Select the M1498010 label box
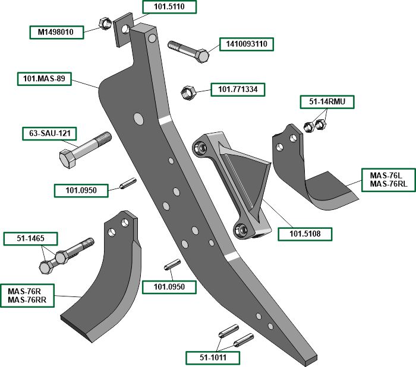click(x=56, y=32)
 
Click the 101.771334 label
click(x=238, y=90)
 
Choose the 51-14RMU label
click(x=327, y=102)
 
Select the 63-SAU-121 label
click(x=49, y=133)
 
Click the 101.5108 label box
click(x=305, y=234)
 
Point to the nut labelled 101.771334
click(x=187, y=92)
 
